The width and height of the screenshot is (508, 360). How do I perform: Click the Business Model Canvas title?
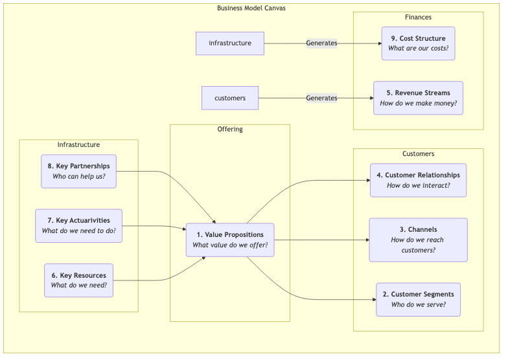click(x=251, y=8)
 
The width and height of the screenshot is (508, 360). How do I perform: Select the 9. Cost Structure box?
click(x=418, y=43)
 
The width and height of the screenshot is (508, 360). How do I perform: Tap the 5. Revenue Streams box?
click(x=418, y=98)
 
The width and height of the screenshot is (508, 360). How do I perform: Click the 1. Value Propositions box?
click(x=229, y=240)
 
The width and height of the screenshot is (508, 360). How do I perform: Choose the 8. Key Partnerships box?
click(x=78, y=171)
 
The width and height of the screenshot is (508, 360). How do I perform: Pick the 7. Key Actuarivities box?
click(x=78, y=225)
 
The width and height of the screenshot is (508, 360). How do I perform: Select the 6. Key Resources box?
click(x=78, y=280)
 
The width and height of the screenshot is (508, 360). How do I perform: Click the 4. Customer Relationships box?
click(x=418, y=180)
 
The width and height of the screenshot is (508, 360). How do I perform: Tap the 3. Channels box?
click(x=418, y=240)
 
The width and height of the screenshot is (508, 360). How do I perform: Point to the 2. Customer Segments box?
click(x=418, y=299)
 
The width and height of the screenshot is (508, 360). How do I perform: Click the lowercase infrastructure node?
click(x=229, y=43)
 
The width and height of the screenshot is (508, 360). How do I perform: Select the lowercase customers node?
click(x=229, y=98)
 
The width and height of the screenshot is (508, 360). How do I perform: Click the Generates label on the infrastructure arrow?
click(x=321, y=43)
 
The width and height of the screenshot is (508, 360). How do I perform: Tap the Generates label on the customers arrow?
click(x=321, y=98)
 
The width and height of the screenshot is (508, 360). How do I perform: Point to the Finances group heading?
click(x=418, y=17)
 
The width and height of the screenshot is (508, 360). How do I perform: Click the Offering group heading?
click(x=229, y=129)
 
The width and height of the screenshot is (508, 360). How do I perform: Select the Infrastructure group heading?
click(x=78, y=145)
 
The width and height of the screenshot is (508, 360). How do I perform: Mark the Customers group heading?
click(x=418, y=154)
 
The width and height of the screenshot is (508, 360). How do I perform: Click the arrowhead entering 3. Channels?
click(x=367, y=240)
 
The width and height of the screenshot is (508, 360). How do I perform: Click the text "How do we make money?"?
click(x=418, y=104)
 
